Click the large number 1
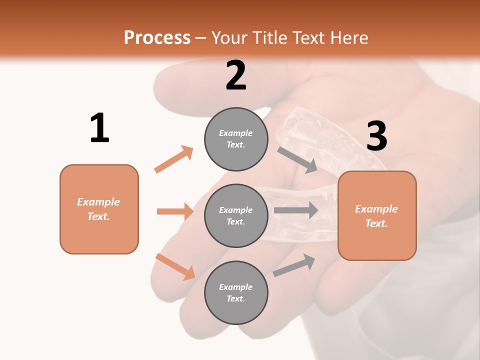click(x=99, y=128)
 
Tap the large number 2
click(x=236, y=75)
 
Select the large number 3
click(x=376, y=136)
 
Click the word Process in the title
click(x=157, y=38)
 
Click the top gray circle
click(x=236, y=139)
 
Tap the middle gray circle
click(x=236, y=215)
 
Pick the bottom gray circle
click(x=236, y=292)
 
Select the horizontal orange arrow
click(x=175, y=211)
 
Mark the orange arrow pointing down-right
click(x=175, y=266)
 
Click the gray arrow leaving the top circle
click(x=297, y=160)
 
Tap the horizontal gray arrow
click(x=295, y=210)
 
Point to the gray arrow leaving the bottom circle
click(x=294, y=265)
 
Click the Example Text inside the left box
click(x=98, y=209)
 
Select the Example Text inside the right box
click(x=376, y=216)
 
